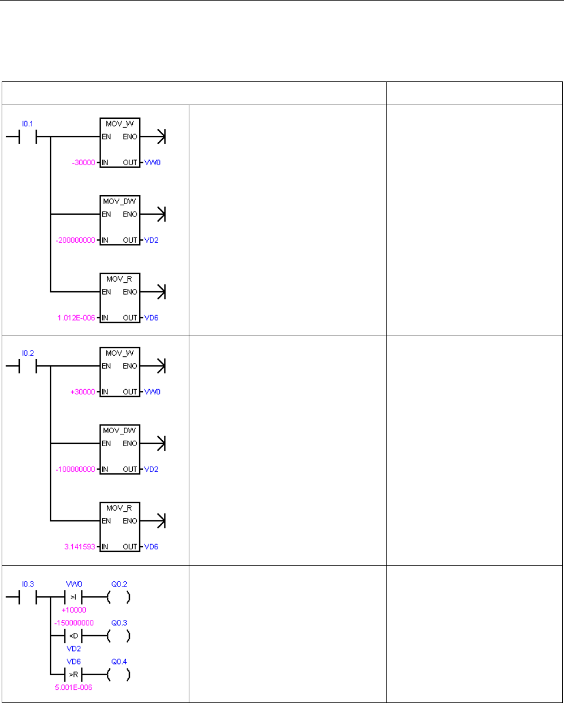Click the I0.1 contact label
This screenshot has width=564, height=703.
[28, 123]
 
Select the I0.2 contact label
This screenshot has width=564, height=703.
[28, 353]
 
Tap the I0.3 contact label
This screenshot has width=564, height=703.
[28, 584]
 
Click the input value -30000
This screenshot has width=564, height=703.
[84, 163]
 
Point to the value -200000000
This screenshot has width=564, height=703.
[76, 240]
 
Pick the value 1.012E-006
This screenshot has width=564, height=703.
[76, 318]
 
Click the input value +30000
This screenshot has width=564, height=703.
[83, 392]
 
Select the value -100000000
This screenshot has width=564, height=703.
[76, 469]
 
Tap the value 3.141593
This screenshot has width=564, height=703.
[80, 547]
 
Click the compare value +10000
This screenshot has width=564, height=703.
[74, 610]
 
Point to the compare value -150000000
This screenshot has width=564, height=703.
[74, 623]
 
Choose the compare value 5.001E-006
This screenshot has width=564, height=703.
[73, 687]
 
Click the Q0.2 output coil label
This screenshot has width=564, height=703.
[119, 584]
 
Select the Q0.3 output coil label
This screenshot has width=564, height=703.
[119, 623]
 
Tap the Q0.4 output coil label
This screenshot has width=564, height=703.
[119, 661]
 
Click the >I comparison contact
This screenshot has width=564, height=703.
[74, 597]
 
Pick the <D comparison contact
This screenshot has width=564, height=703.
[74, 636]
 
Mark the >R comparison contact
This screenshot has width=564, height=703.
[74, 674]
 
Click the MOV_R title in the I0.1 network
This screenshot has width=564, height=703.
[119, 279]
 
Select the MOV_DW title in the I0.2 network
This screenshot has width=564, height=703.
[119, 430]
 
